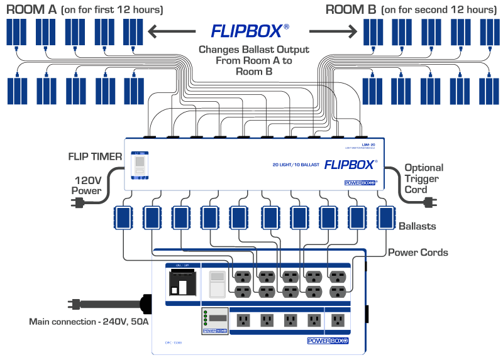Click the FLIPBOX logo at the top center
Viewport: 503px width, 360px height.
pyautogui.click(x=250, y=31)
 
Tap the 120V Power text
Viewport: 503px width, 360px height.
pyautogui.click(x=86, y=183)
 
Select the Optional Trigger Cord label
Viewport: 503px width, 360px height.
pyautogui.click(x=423, y=178)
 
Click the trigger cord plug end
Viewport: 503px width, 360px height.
pyautogui.click(x=430, y=202)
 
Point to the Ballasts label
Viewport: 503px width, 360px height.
pyautogui.click(x=417, y=226)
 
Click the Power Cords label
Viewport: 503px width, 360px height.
pyautogui.click(x=417, y=253)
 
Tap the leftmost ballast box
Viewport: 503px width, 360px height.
pyautogui.click(x=123, y=218)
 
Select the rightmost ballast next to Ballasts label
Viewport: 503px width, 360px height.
pyautogui.click(x=385, y=218)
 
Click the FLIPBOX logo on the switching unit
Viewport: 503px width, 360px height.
pyautogui.click(x=350, y=166)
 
